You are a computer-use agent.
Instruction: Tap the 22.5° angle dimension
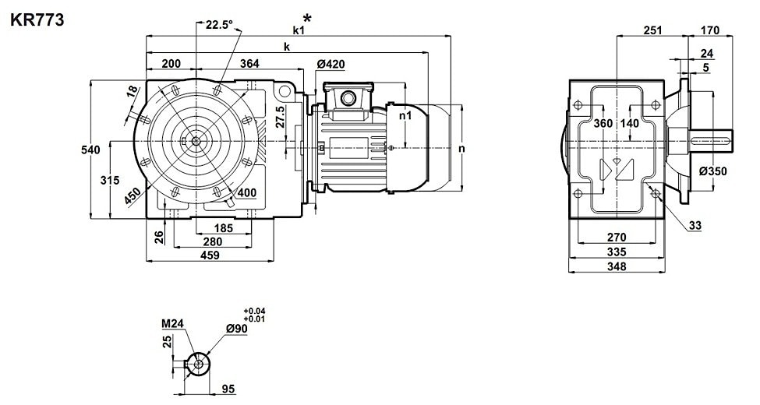219,24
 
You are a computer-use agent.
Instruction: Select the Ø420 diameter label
331,64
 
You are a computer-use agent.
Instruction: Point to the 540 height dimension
90,150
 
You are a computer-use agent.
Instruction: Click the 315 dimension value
110,180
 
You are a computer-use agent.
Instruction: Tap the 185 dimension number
223,229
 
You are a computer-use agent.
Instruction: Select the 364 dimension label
250,64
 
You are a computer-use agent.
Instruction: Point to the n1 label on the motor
405,114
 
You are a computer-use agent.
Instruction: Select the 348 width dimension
616,267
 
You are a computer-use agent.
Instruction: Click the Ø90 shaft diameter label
236,330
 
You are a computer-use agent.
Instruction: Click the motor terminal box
345,97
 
